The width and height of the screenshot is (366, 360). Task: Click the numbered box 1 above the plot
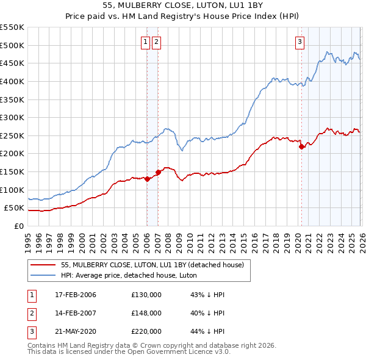146,42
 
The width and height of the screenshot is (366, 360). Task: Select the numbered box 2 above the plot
156,42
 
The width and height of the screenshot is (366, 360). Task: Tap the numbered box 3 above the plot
300,42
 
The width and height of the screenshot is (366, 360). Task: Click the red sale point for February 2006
147,179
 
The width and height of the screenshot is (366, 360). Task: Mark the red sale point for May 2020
301,146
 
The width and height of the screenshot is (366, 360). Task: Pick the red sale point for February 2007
158,173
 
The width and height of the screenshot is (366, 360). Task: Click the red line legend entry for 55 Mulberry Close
152,265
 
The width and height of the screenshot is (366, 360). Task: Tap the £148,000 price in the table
146,313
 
